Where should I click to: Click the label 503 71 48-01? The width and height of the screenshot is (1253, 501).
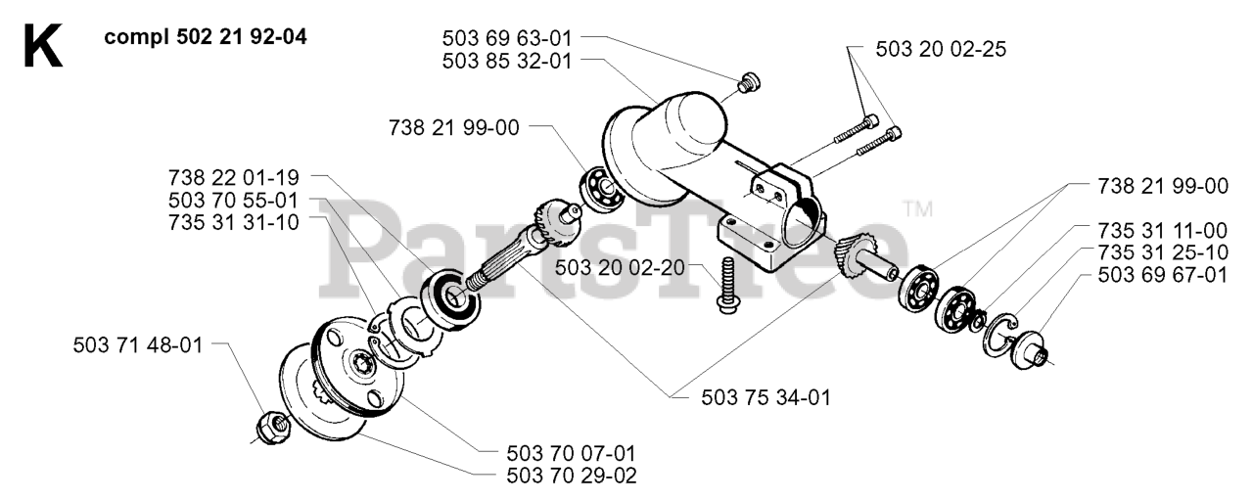[138, 345]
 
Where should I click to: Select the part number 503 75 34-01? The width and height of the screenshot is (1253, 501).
[766, 396]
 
